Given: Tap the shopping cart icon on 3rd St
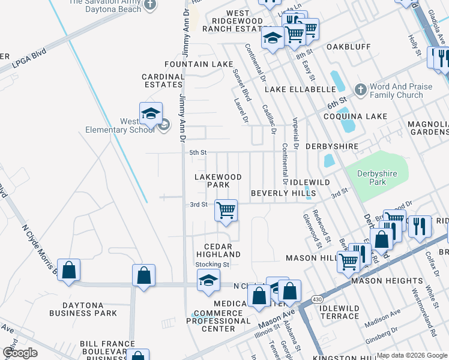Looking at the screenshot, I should (x=226, y=211).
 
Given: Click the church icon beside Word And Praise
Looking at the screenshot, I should (x=360, y=90).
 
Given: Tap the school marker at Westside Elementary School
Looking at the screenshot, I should (x=151, y=113).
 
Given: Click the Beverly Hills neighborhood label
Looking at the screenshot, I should (x=283, y=193).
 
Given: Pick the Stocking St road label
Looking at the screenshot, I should (x=212, y=264).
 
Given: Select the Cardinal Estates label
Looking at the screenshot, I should (x=163, y=80).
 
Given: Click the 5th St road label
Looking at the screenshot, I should (x=197, y=153).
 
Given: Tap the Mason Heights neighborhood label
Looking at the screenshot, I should (x=387, y=280).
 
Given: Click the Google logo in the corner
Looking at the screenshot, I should (x=20, y=353).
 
